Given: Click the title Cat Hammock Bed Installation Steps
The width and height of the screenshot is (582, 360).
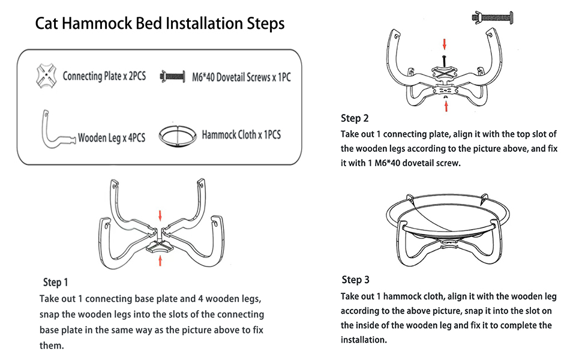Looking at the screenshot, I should tap(160, 24).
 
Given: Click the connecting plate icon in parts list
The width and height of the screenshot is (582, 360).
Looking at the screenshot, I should tap(47, 76).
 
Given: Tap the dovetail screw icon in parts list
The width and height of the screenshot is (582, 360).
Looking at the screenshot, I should tap(175, 77).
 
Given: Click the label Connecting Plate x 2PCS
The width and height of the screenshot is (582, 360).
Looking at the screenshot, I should tap(104, 76).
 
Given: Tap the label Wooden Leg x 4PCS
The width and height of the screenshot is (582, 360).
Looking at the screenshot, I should tap(112, 137).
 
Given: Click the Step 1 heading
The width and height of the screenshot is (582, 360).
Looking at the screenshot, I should tap(56, 282).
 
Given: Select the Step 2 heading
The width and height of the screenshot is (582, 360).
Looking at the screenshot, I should tap(359, 118).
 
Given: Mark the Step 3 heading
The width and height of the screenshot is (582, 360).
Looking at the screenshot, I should tap(355, 280).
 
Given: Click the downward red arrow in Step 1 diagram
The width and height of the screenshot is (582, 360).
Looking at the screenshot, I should tap(160, 215).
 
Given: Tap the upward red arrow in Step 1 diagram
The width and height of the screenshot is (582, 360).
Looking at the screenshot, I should tap(160, 260).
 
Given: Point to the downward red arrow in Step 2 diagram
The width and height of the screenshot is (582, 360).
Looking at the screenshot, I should tap(445, 44).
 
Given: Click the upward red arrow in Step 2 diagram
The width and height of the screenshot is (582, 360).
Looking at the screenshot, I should tap(445, 106).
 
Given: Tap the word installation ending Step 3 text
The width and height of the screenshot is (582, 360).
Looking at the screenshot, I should tap(364, 340).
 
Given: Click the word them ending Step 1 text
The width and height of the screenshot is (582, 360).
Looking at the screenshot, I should tap(51, 346).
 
